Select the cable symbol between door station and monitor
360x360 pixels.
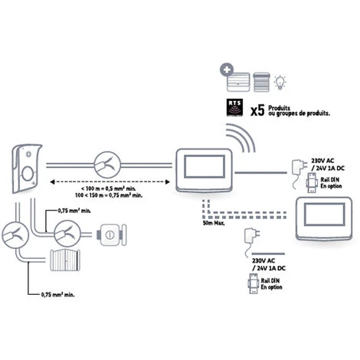tap(107, 163)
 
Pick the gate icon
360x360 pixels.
tap(66, 261)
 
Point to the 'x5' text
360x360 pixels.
tap(260, 110)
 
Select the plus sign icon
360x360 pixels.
tap(227, 70)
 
